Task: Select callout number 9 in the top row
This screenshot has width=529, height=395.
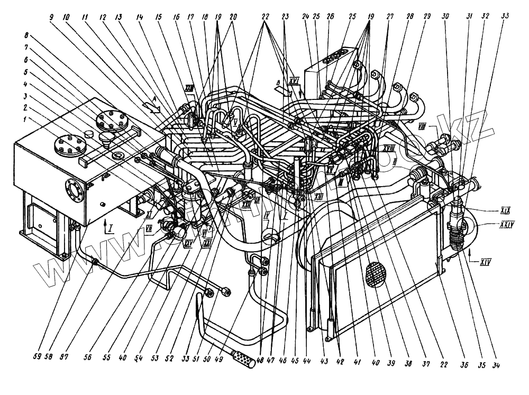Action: (x=51, y=17)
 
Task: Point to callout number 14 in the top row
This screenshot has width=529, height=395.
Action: (x=139, y=17)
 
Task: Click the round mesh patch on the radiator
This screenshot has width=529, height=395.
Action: (x=377, y=274)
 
